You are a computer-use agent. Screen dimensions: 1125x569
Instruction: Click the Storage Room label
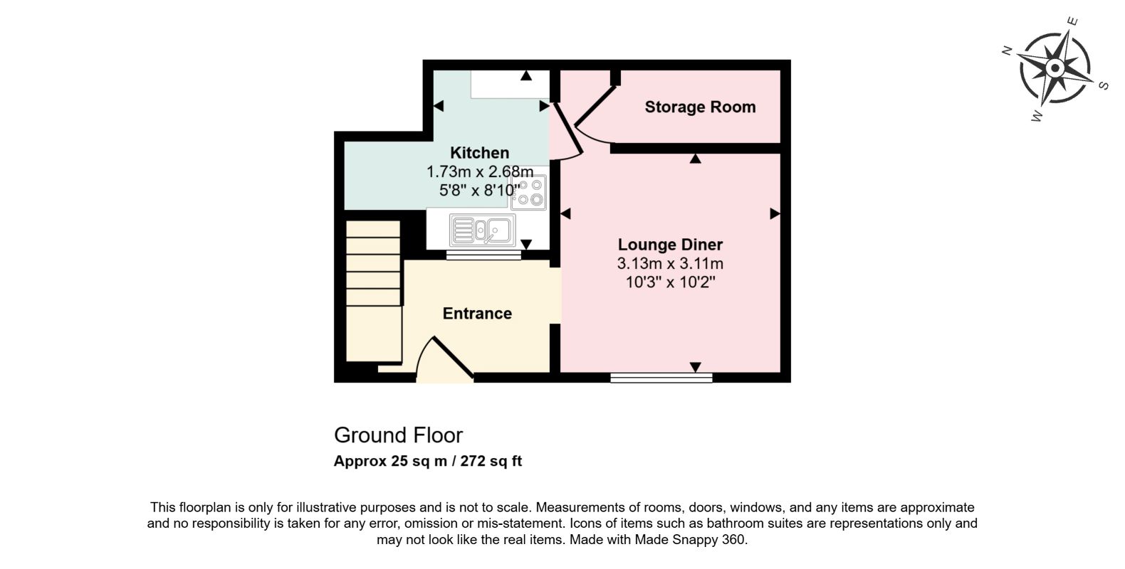tap(700, 107)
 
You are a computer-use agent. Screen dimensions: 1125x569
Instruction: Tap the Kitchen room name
tap(480, 152)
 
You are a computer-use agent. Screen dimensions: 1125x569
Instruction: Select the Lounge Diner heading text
tap(670, 245)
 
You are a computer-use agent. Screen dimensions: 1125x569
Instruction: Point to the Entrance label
tap(477, 313)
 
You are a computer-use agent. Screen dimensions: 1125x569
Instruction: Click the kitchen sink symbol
tap(482, 230)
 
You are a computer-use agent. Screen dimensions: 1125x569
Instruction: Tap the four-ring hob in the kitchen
tap(529, 192)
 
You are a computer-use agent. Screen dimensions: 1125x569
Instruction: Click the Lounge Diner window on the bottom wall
tap(661, 378)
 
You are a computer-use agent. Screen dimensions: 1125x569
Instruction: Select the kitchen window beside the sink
tap(483, 255)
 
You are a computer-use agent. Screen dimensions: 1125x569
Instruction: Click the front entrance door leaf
tap(453, 357)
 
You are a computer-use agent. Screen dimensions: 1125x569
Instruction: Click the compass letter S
tap(1104, 85)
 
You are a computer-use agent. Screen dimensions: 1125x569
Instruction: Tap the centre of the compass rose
tap(1055, 68)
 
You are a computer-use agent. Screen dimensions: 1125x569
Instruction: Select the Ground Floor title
tap(398, 435)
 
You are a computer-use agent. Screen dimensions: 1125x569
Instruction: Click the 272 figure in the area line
tap(473, 461)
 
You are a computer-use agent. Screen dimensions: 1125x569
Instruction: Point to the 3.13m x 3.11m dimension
tap(670, 263)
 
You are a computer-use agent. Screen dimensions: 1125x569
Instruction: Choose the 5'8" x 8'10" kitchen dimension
tap(480, 190)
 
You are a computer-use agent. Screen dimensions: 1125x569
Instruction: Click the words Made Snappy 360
tap(691, 540)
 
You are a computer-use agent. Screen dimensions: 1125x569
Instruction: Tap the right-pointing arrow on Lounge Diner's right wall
tap(775, 214)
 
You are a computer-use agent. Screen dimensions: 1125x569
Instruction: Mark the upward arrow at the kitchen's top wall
tap(526, 75)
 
